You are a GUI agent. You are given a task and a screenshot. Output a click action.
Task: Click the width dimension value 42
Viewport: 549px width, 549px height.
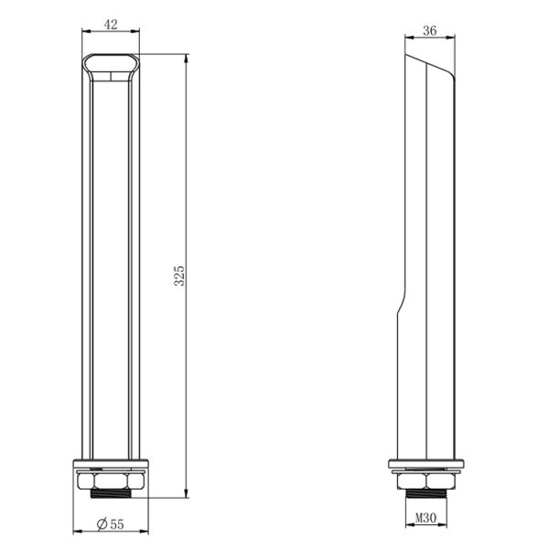click(x=111, y=26)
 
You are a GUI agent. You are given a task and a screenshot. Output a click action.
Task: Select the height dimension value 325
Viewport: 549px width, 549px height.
click(x=179, y=274)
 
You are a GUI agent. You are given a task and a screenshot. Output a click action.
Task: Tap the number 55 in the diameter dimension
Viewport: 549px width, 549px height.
click(x=116, y=524)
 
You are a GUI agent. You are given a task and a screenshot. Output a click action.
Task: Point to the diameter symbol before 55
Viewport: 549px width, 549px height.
click(x=102, y=524)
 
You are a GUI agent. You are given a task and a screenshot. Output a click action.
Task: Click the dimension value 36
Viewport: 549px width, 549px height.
click(x=431, y=30)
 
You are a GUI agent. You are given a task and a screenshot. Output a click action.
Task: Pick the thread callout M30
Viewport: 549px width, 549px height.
click(x=425, y=519)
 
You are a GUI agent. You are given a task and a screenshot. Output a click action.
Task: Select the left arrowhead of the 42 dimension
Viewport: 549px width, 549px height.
click(x=85, y=34)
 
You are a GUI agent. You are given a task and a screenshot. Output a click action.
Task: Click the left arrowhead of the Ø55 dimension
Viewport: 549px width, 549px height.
click(x=75, y=533)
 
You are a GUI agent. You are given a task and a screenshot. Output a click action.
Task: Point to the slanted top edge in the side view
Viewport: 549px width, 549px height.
click(x=432, y=65)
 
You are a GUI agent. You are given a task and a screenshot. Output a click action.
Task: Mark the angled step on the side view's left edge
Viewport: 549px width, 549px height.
click(x=398, y=307)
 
